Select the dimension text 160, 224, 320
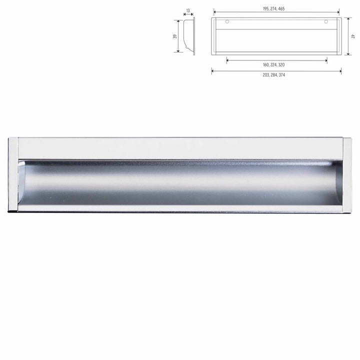click(276, 65)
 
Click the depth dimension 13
click(188, 9)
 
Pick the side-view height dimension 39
click(173, 35)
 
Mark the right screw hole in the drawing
click(326, 22)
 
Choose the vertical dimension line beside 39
click(179, 35)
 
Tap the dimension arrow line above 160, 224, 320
click(276, 60)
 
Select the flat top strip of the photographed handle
click(180, 148)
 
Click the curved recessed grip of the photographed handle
click(180, 182)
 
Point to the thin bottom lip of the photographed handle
click(180, 209)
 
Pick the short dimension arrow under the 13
click(188, 14)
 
